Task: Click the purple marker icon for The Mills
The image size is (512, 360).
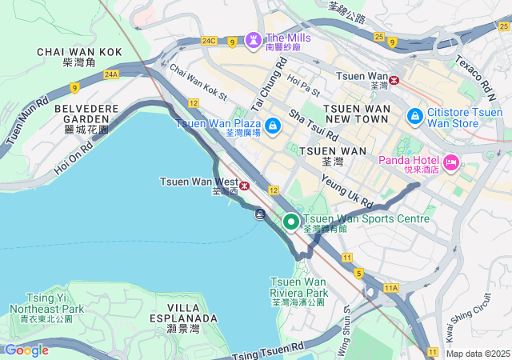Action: pyautogui.click(x=254, y=38)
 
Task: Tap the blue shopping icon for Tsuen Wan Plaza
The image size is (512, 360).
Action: pyautogui.click(x=273, y=125)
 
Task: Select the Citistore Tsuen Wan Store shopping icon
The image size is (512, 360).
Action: pyautogui.click(x=414, y=117)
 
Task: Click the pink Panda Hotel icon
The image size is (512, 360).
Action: pyautogui.click(x=450, y=163)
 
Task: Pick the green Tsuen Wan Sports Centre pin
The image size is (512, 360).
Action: pyautogui.click(x=291, y=222)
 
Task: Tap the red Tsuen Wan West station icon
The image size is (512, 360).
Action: pyautogui.click(x=245, y=186)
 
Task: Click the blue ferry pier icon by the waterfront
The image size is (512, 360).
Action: pyautogui.click(x=261, y=214)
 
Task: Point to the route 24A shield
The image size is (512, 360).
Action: pyautogui.click(x=110, y=74)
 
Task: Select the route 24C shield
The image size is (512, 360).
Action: pyautogui.click(x=210, y=40)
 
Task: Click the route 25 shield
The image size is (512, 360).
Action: pyautogui.click(x=379, y=36)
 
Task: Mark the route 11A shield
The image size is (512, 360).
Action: pyautogui.click(x=390, y=286)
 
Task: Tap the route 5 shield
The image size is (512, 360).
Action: pyautogui.click(x=359, y=274)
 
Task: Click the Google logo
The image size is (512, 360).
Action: pyautogui.click(x=26, y=350)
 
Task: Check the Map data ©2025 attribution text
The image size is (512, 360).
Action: pyautogui.click(x=477, y=354)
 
